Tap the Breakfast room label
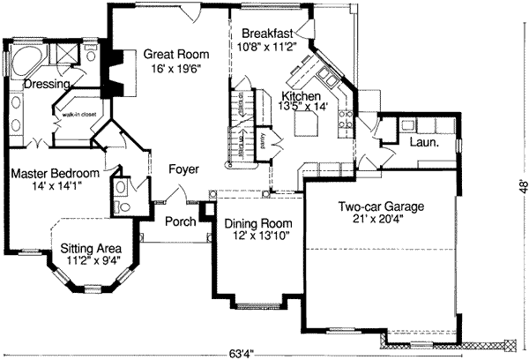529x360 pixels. coord(268,34)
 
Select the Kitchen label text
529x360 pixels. coord(301,94)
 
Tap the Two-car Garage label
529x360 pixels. coord(381,207)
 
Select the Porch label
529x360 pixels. coord(180,221)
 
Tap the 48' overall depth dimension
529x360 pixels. coord(522,187)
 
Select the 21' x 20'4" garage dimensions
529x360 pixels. coord(381,221)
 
